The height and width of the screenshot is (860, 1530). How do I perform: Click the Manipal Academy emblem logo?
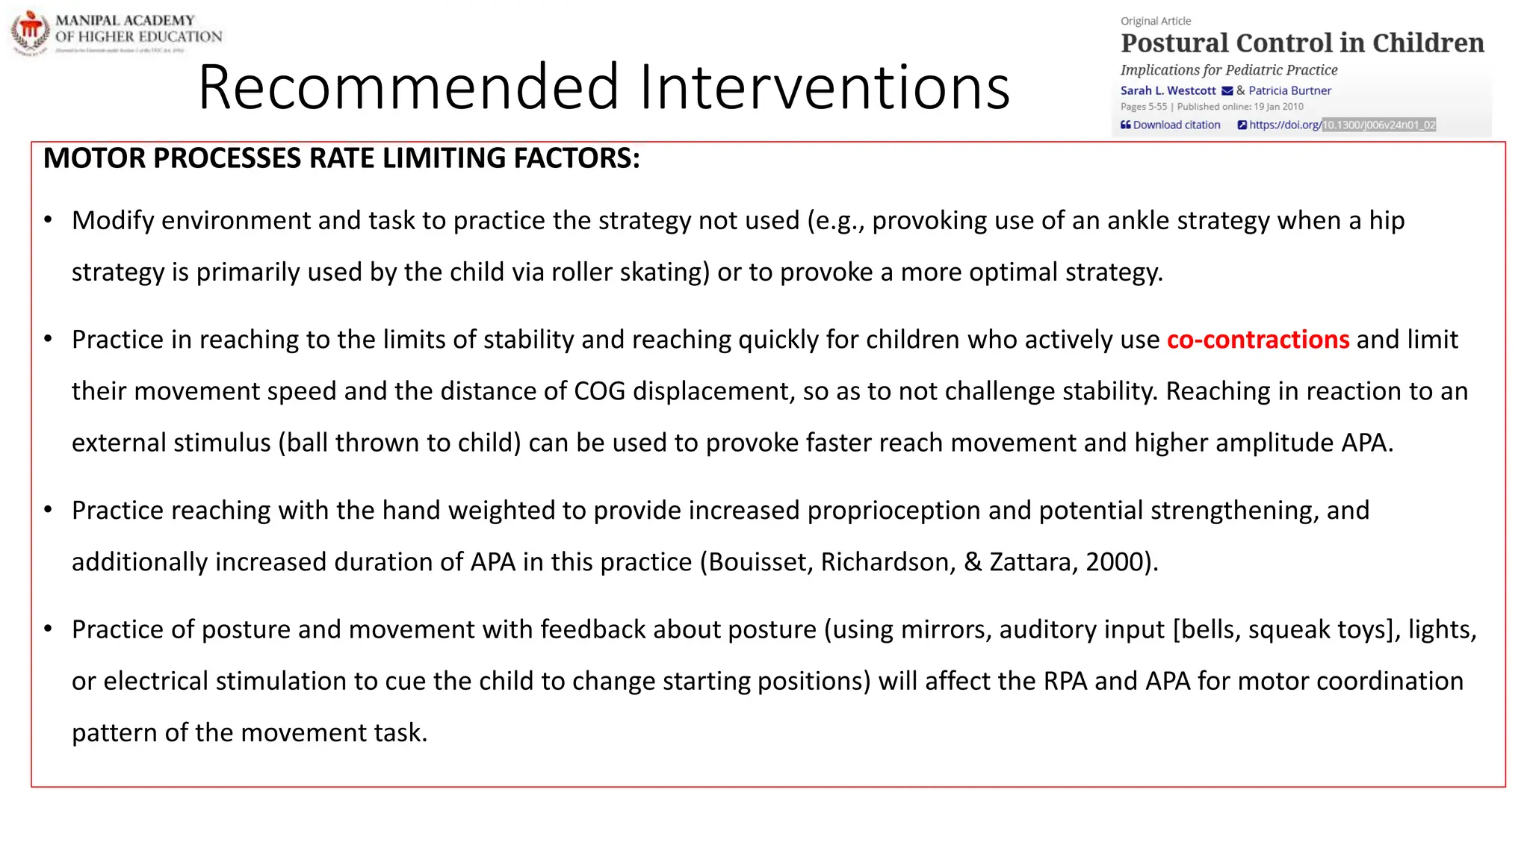click(31, 32)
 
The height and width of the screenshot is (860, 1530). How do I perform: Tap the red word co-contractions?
click(1257, 340)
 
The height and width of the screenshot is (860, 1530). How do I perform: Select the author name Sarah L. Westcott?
click(1168, 90)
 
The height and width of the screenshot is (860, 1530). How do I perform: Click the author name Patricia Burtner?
click(1289, 90)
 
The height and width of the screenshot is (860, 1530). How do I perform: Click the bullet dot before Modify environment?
click(49, 220)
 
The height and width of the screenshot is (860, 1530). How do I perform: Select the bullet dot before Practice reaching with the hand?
click(49, 511)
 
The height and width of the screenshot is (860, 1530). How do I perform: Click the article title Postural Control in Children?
click(1302, 43)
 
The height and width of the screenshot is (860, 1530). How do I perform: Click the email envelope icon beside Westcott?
click(1227, 91)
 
